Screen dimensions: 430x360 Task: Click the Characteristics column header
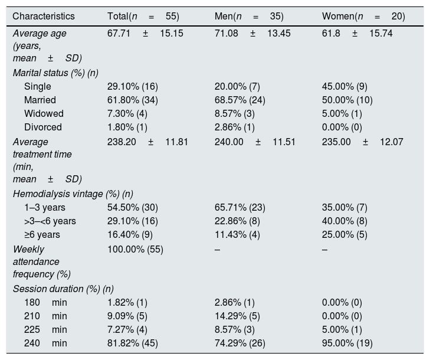click(x=44, y=16)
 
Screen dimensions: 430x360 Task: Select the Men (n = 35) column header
click(x=249, y=16)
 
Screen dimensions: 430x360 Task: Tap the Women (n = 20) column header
click(x=363, y=16)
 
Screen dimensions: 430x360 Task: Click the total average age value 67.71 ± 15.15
click(x=145, y=34)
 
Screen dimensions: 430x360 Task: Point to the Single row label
click(x=38, y=86)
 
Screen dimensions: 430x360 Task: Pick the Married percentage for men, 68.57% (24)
click(x=240, y=100)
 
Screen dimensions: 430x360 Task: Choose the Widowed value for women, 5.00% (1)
click(x=342, y=113)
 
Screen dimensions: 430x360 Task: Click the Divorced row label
click(x=43, y=127)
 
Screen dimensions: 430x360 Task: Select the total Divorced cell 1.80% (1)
click(x=127, y=127)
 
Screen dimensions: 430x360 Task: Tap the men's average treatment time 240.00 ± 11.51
click(x=255, y=142)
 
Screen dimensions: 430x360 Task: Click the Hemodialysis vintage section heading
click(x=73, y=194)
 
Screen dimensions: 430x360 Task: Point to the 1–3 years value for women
click(x=344, y=207)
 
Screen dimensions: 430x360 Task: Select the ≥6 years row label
click(x=42, y=235)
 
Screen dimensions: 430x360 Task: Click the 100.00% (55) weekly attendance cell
click(x=135, y=250)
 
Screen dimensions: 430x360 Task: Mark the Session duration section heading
click(x=63, y=289)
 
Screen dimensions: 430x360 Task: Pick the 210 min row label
click(x=45, y=316)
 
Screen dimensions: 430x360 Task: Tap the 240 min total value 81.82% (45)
click(x=133, y=343)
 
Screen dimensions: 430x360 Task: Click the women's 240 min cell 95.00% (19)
click(x=347, y=343)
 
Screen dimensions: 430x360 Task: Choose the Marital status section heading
click(x=55, y=73)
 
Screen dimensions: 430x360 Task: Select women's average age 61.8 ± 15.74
click(x=357, y=34)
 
